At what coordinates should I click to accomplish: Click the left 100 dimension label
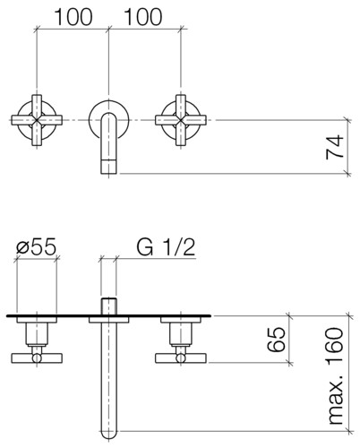73,17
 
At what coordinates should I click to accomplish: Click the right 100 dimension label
143,17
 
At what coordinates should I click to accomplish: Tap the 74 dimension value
335,147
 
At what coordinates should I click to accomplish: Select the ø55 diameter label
36,247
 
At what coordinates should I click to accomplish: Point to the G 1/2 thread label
166,247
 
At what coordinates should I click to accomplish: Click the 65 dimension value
276,340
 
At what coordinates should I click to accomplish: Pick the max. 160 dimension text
335,375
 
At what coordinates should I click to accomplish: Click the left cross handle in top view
37,120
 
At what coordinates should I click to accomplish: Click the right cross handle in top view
181,120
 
